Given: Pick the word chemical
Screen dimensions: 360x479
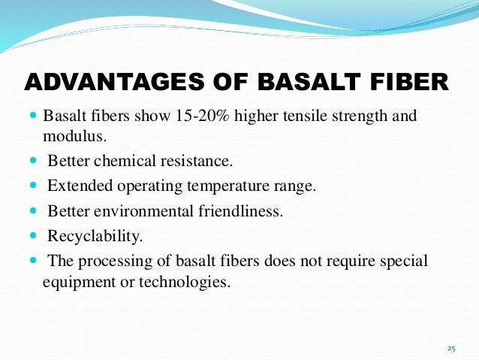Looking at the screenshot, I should [122, 161].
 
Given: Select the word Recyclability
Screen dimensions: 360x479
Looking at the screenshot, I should [95, 236].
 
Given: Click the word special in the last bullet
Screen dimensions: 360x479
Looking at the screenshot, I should [403, 261].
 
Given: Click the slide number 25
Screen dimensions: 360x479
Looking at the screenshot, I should [451, 348].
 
